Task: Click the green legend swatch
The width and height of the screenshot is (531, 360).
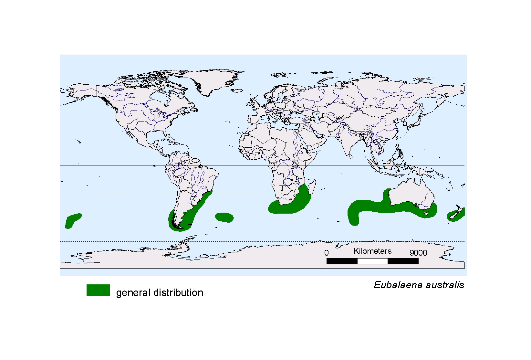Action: tap(98, 290)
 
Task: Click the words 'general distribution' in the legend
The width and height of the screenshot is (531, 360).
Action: tap(160, 292)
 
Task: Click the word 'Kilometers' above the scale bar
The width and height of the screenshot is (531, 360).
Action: tap(372, 251)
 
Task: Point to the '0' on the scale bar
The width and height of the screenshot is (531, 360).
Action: tap(326, 253)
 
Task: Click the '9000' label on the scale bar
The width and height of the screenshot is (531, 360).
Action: tap(418, 253)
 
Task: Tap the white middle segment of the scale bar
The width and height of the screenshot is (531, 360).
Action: tap(372, 261)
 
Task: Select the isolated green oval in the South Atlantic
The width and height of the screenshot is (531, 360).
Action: tap(224, 217)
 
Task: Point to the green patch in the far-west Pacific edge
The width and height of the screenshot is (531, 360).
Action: tap(72, 220)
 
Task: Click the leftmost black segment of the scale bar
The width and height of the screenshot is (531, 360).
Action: tap(342, 261)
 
